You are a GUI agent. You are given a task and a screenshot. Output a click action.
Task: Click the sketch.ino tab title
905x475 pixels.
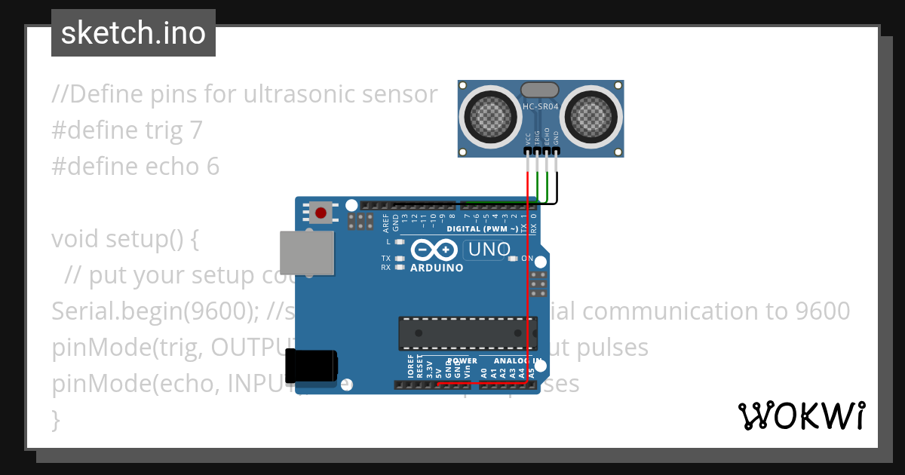133,33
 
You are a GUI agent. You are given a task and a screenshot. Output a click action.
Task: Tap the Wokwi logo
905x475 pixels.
800,416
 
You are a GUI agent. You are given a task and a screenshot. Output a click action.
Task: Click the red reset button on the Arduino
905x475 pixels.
321,213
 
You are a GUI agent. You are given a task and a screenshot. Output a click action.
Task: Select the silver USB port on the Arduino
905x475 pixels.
307,253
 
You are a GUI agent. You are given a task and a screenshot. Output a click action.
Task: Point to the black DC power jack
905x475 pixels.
311,367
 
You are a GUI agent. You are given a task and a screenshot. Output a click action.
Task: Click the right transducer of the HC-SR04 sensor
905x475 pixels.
593,115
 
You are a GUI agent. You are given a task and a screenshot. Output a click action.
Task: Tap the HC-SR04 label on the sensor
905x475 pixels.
541,107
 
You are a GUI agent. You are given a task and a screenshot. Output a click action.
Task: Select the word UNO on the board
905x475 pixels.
489,249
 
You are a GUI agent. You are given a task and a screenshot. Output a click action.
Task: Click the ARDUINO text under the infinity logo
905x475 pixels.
437,268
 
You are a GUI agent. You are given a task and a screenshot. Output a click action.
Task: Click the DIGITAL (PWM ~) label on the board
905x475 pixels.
483,228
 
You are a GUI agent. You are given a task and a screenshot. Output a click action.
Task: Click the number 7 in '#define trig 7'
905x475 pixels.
196,130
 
